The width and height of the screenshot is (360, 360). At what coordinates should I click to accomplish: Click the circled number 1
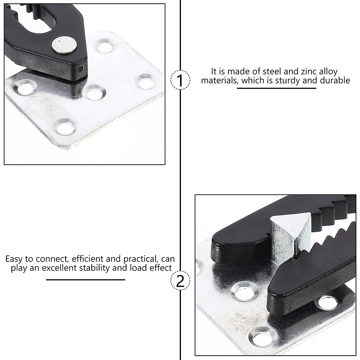[x=180, y=80]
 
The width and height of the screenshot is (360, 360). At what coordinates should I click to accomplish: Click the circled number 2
[x=180, y=281]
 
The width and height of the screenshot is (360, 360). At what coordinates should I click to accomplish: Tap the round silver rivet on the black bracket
[x=64, y=45]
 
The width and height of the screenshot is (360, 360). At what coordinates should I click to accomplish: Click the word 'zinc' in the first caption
[x=302, y=72]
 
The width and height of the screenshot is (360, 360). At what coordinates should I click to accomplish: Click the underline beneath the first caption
[x=277, y=88]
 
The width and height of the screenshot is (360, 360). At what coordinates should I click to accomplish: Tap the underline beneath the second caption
[x=85, y=280]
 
